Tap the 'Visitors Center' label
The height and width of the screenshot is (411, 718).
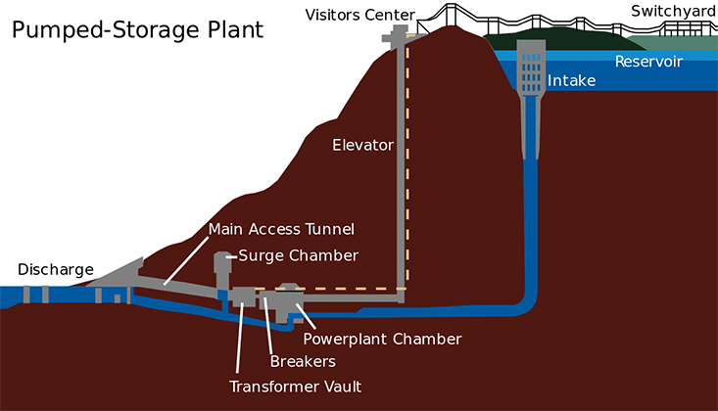point(359,14)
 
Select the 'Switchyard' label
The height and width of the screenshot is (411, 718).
point(673,12)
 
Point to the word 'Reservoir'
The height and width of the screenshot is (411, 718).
point(648,62)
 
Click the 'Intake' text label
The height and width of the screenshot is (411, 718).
point(571,80)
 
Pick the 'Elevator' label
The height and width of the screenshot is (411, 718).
point(362,145)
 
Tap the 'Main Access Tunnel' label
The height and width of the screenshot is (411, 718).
point(280,229)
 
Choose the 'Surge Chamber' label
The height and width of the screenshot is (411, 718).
point(299,255)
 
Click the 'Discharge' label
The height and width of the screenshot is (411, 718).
point(56,269)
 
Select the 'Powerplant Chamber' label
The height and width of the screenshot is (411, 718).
point(382,339)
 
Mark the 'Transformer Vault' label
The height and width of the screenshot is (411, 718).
point(295,386)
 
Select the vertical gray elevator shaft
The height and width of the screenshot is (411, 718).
point(402,166)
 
